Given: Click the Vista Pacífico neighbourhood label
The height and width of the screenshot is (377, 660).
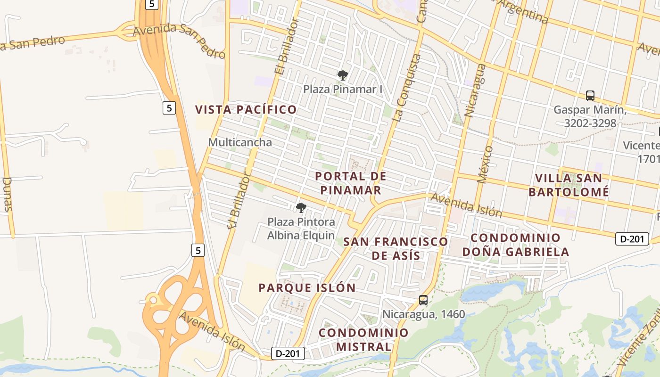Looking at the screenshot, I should tap(246, 110).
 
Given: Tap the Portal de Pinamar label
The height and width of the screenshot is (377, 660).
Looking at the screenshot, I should tap(350, 183).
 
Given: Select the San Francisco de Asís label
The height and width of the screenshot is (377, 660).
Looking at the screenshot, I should tap(396, 248).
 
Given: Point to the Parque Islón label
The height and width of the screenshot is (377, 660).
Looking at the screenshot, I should tap(307, 288).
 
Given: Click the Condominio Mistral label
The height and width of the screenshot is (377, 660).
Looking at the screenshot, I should tap(363, 339).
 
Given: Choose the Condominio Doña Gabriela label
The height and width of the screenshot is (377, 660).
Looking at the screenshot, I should tap(515, 245).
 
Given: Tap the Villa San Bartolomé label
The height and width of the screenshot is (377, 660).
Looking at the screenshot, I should tap(569, 185).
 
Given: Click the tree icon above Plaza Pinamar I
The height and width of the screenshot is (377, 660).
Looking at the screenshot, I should tap(343, 75).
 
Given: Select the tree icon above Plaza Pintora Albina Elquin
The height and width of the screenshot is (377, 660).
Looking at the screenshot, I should tap(301, 207).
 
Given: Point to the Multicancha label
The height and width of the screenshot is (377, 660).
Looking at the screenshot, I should tap(240, 142).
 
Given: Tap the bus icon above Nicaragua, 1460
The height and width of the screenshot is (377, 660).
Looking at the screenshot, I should tap(423, 300).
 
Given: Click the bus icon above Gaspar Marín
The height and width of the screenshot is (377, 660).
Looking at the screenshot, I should tap(590, 96).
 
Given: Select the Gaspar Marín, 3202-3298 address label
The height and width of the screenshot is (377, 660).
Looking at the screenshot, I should tap(590, 116).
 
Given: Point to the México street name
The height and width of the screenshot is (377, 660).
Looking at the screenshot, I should tap(485, 164).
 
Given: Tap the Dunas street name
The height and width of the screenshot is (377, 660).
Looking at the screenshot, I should tap(8, 194).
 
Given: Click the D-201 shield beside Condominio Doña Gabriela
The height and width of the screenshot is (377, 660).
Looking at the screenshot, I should tap(632, 239).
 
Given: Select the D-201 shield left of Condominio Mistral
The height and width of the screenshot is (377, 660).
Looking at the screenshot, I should tap(288, 353).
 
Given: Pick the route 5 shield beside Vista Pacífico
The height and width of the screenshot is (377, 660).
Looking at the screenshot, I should tap(169, 108).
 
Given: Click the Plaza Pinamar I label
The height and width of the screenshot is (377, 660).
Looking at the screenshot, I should tap(342, 89).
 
